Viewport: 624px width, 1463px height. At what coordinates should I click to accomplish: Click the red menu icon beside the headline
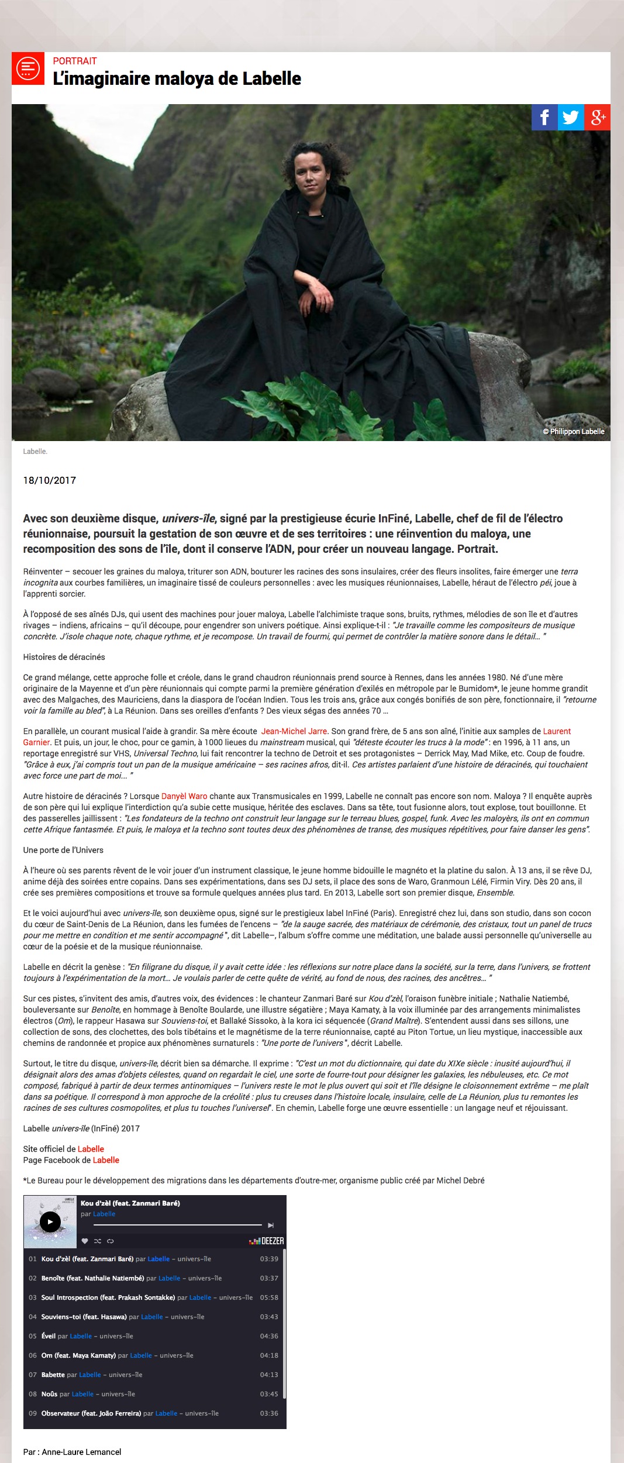[28, 68]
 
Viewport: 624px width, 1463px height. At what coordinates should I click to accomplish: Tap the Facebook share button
[544, 118]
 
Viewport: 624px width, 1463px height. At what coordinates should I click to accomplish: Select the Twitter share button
[571, 118]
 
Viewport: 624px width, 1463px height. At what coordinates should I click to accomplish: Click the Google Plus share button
[597, 118]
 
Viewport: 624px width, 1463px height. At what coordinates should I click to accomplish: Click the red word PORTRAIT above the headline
[75, 61]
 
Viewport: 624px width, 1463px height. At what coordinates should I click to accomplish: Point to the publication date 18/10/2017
[50, 480]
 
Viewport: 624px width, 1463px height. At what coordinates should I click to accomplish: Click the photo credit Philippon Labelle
[574, 432]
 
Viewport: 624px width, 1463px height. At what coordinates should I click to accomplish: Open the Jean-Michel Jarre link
[294, 731]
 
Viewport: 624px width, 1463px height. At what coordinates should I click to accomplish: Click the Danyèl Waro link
[184, 796]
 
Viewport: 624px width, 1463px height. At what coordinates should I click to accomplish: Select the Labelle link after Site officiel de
[91, 1149]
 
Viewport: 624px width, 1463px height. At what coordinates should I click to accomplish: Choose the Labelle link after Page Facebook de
[106, 1160]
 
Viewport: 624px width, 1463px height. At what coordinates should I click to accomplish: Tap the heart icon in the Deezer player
[85, 1241]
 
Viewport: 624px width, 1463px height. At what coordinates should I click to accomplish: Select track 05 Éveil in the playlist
[49, 1336]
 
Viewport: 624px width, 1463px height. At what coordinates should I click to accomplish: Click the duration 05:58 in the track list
[269, 1297]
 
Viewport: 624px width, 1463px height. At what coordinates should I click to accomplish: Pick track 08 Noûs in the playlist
[49, 1394]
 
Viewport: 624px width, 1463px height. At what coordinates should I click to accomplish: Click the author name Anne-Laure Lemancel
[81, 1452]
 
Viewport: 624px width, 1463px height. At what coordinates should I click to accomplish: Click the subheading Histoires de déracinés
[64, 657]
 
